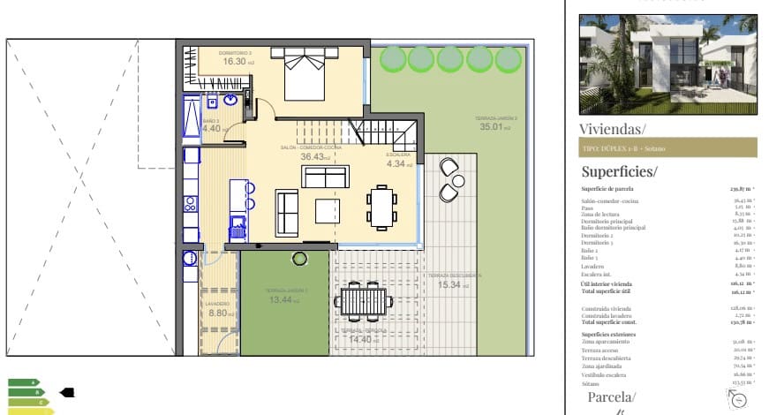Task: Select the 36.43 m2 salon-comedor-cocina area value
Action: pyautogui.click(x=314, y=156)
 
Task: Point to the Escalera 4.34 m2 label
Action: pyautogui.click(x=399, y=163)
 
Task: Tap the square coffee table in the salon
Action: pyautogui.click(x=328, y=211)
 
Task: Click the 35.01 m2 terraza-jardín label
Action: pyautogui.click(x=496, y=126)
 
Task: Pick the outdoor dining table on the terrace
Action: pyautogui.click(x=361, y=302)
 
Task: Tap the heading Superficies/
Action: pyautogui.click(x=620, y=171)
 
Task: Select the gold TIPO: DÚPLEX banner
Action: pyautogui.click(x=667, y=148)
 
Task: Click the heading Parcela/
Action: pyautogui.click(x=611, y=397)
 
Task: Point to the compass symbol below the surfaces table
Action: pyautogui.click(x=738, y=399)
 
